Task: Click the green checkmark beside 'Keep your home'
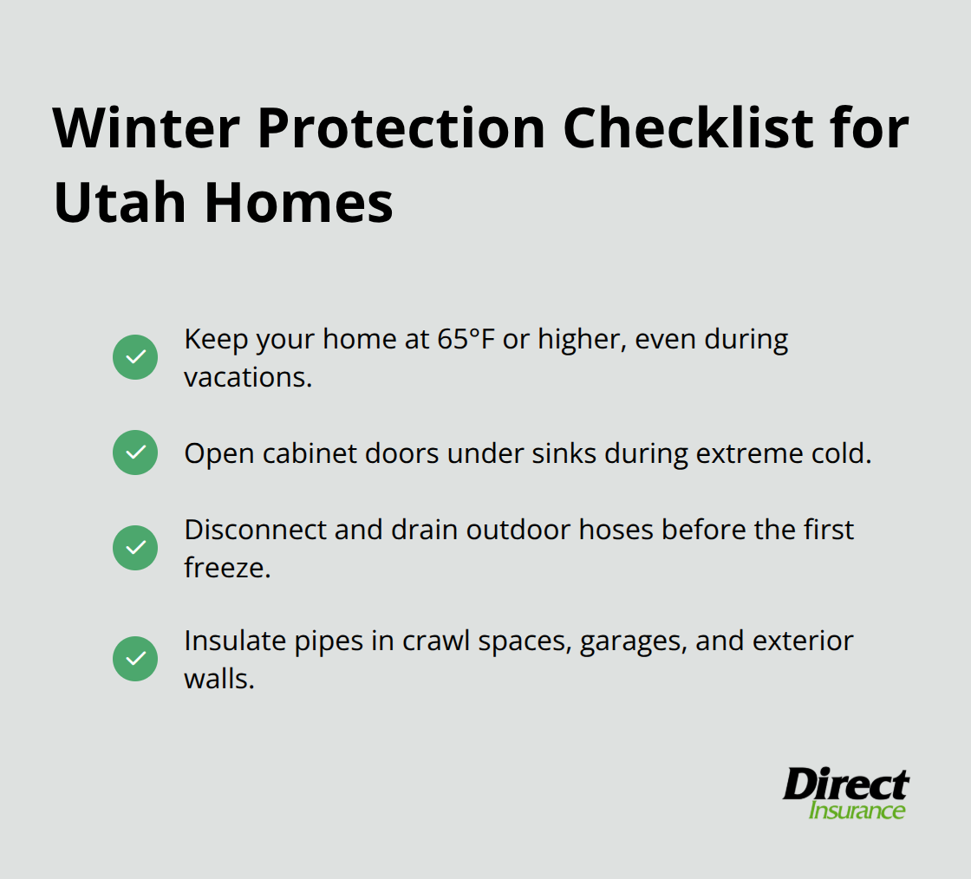[x=135, y=357]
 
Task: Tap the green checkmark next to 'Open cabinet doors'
[x=135, y=453]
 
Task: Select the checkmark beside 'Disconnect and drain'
[x=135, y=548]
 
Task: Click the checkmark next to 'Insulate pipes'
[x=135, y=659]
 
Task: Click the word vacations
[x=247, y=377]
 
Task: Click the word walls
[x=218, y=679]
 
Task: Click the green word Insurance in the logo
[x=857, y=811]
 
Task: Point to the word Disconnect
[x=255, y=529]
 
